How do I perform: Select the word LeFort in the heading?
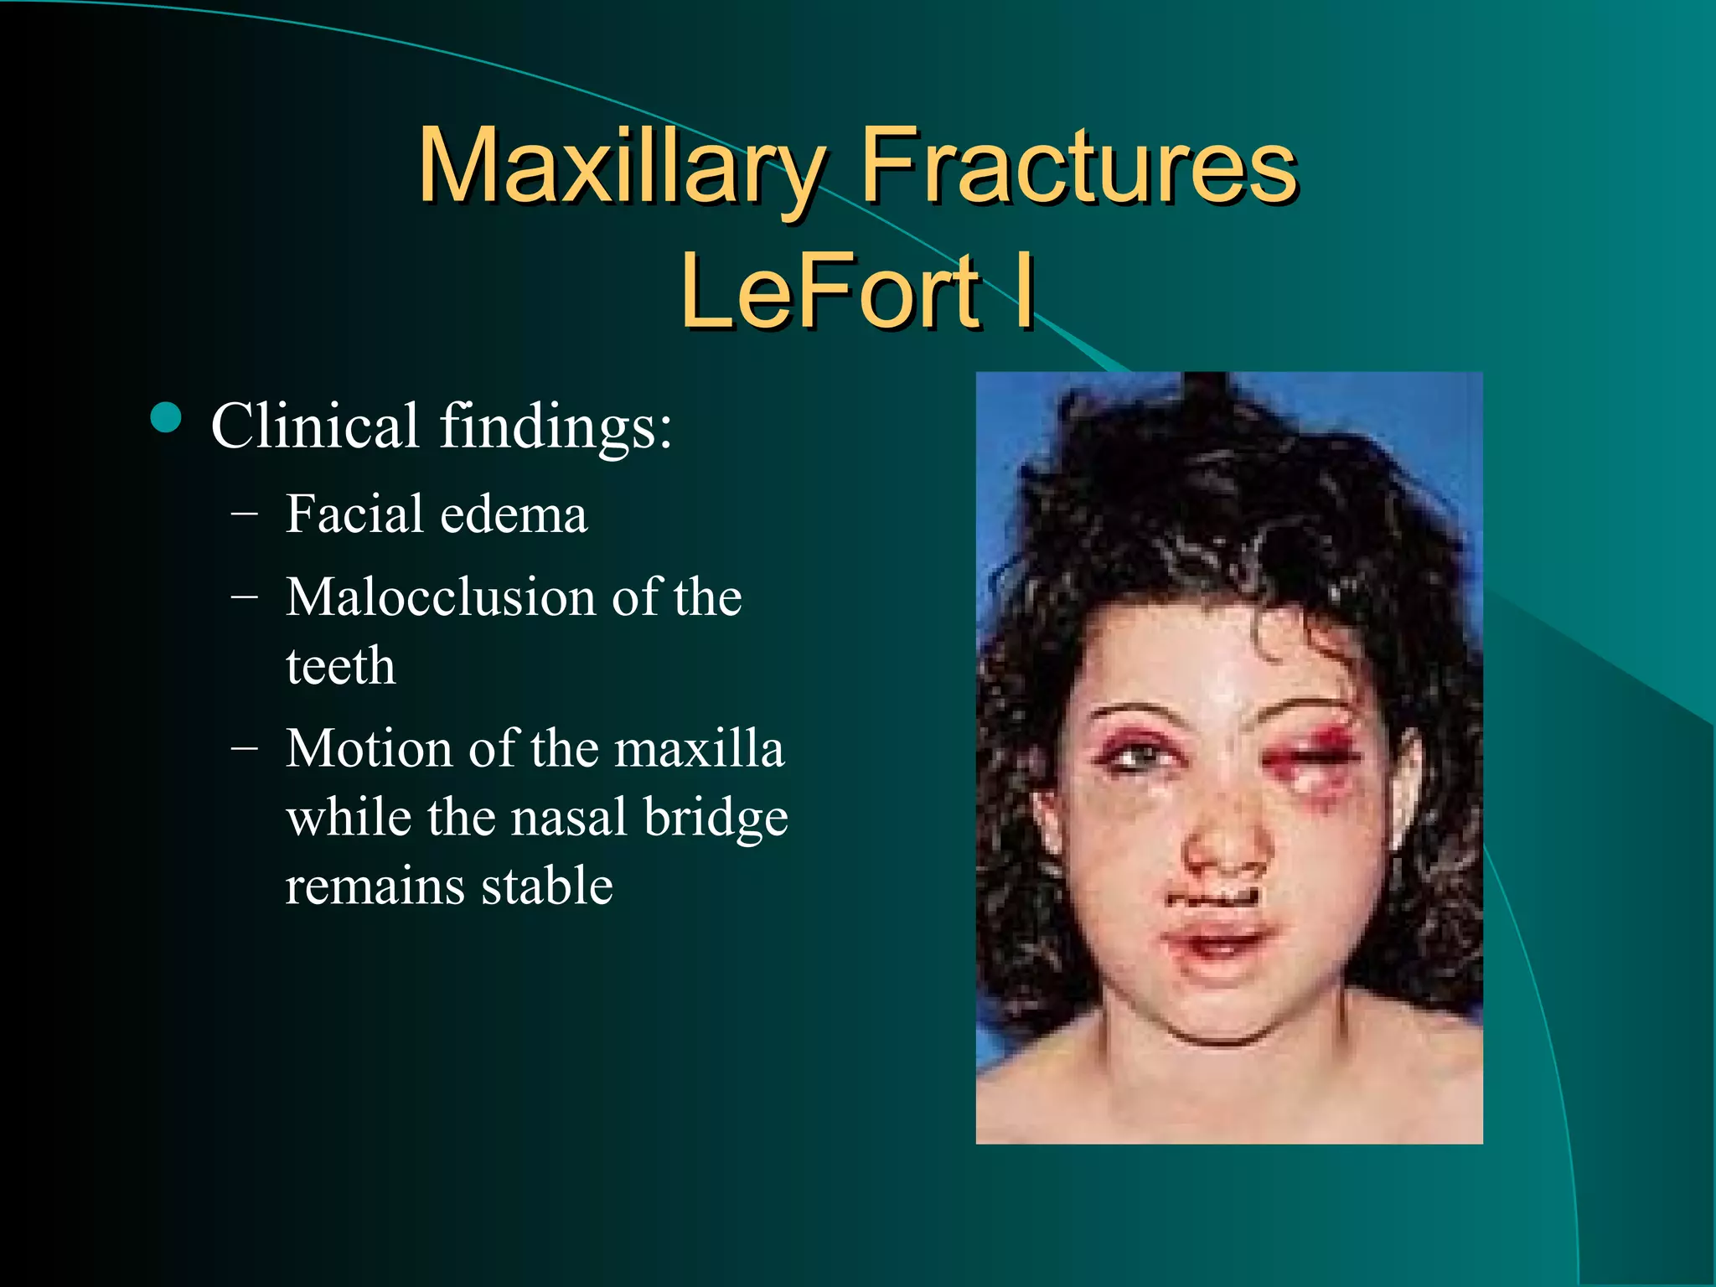pos(830,291)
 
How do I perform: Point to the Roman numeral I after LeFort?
pos(1023,291)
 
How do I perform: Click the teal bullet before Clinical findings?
pos(167,418)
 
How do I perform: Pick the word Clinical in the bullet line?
pos(314,426)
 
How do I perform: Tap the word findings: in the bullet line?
pos(556,427)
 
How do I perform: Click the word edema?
pos(514,514)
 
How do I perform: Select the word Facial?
pos(354,514)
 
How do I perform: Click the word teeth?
pos(340,666)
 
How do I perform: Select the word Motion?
pos(369,748)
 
